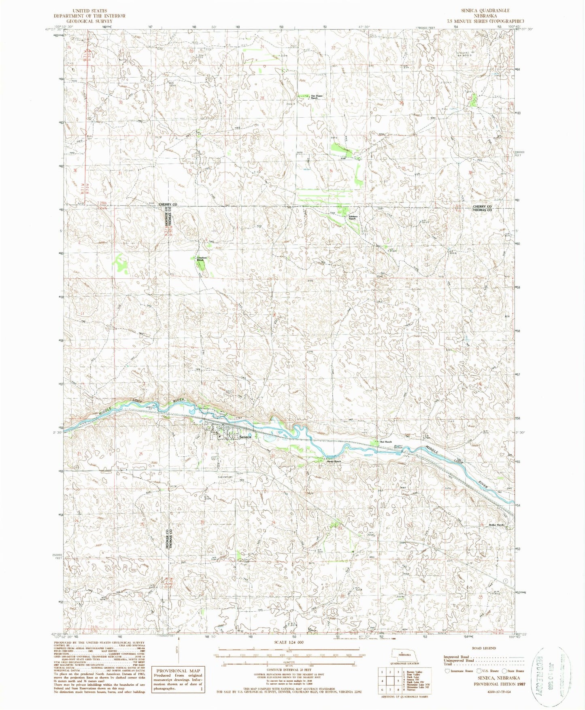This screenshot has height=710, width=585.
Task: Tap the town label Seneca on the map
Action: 246,437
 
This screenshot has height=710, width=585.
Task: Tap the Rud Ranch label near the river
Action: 385,442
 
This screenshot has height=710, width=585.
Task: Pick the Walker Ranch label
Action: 497,525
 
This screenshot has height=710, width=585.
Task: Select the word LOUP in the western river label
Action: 138,401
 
